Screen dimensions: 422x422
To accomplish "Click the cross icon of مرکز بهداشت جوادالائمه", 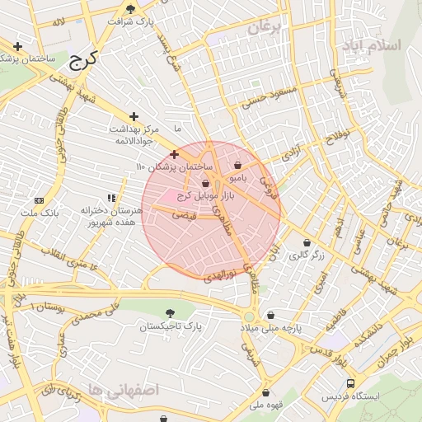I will point(134,116).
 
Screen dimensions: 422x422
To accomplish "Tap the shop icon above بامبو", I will point(238,165).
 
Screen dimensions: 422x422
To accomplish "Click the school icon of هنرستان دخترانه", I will point(111,198).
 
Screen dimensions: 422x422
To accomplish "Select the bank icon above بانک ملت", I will point(40,201).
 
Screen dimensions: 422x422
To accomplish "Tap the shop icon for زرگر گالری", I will point(307,243).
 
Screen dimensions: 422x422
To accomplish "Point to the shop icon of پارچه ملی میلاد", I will point(271,316).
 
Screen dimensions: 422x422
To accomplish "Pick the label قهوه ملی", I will point(267,405).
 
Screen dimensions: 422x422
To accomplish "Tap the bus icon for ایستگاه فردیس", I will point(351,383).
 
